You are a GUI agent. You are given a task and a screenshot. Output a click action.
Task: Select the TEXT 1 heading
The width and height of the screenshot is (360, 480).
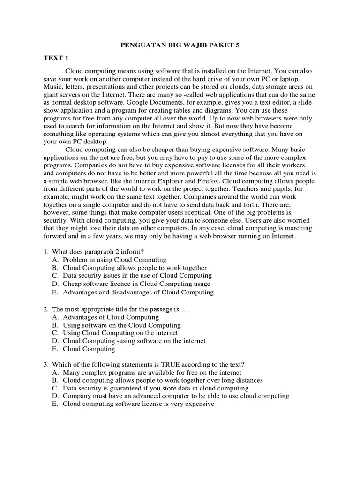click(x=56, y=58)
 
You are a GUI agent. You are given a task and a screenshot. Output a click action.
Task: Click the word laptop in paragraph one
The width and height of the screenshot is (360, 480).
click(x=300, y=79)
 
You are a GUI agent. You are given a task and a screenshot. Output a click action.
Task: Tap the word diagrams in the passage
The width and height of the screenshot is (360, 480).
click(x=252, y=111)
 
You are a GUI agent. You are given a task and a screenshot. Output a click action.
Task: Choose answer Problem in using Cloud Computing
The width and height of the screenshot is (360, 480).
click(x=114, y=260)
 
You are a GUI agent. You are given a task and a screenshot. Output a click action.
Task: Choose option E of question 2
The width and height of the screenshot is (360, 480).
click(x=89, y=349)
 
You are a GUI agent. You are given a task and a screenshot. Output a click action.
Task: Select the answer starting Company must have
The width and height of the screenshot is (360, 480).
click(x=176, y=396)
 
